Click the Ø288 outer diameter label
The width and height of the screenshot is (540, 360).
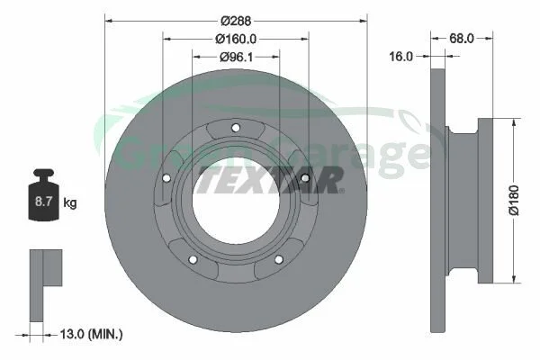(236, 21)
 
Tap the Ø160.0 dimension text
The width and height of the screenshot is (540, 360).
(236, 39)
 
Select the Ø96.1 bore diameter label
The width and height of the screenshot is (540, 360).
(236, 57)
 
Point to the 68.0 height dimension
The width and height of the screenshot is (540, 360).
(462, 38)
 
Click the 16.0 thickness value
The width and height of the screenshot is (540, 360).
(400, 56)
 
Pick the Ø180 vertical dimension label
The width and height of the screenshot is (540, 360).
(514, 200)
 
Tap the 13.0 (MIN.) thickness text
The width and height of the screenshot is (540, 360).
(91, 334)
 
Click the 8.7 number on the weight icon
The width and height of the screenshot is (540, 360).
(43, 202)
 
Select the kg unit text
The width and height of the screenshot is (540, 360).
(70, 202)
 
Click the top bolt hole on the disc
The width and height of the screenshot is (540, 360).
(236, 128)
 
